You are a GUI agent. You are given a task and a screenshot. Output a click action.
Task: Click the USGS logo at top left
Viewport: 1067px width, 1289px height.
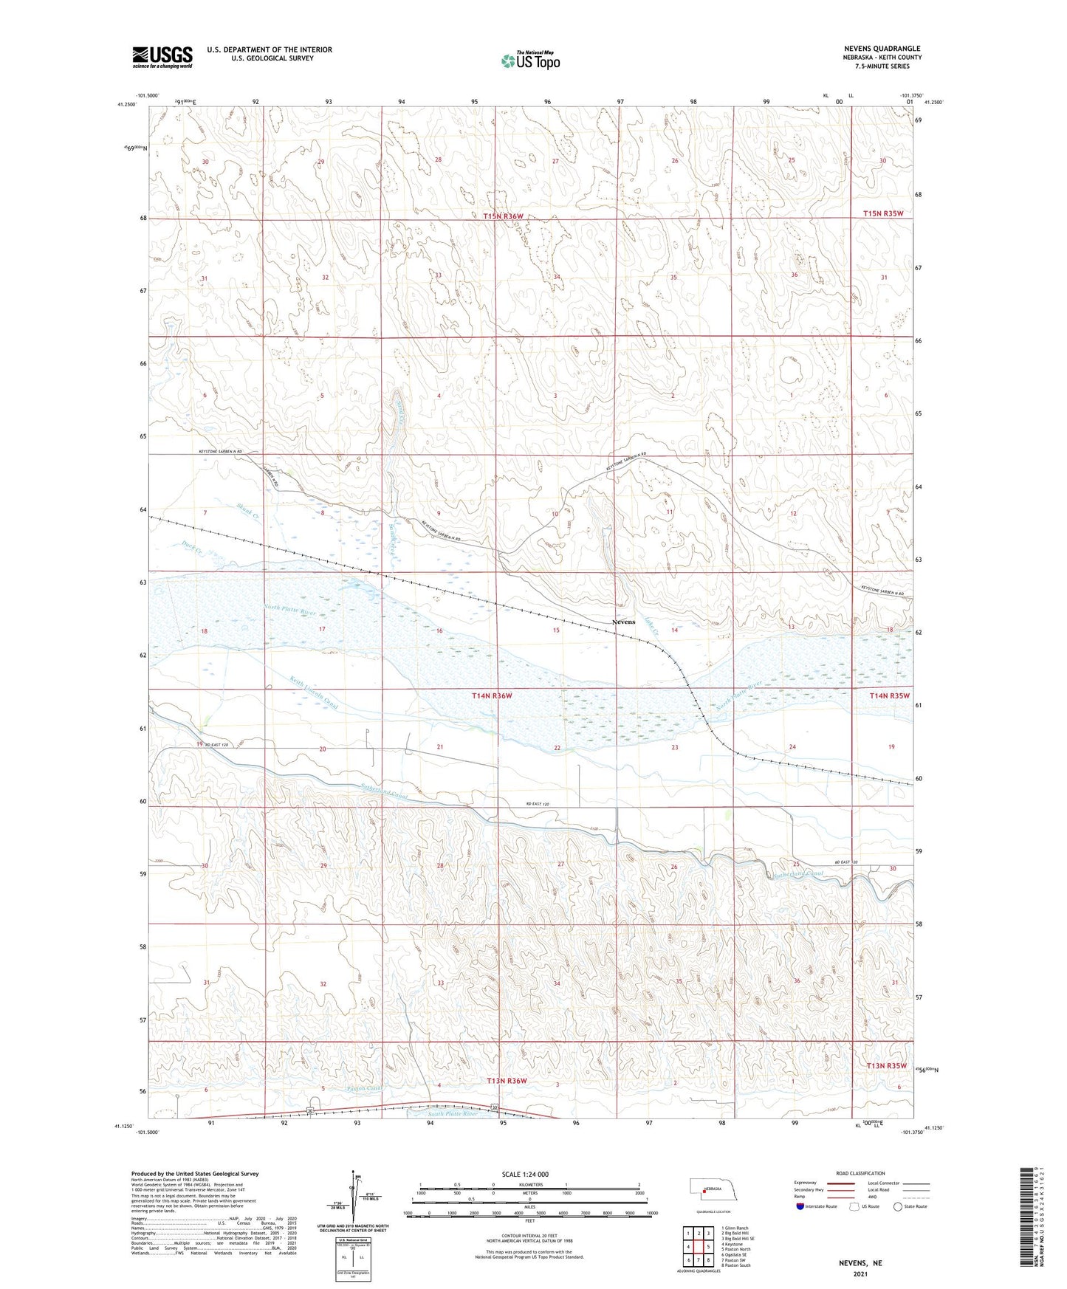(162, 56)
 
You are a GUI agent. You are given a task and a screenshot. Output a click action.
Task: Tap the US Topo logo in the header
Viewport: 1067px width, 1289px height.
(530, 61)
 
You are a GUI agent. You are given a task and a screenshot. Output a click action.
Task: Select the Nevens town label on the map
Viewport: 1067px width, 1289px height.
(623, 622)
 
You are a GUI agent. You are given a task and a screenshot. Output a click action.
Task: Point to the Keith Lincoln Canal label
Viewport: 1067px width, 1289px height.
(314, 695)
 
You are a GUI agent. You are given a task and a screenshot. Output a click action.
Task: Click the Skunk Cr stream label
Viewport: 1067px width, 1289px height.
(247, 510)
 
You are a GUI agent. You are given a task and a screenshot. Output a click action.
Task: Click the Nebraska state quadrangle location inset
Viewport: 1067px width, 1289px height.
(713, 1189)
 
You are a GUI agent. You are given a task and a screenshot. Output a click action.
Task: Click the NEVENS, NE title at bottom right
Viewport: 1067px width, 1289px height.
(860, 1263)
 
